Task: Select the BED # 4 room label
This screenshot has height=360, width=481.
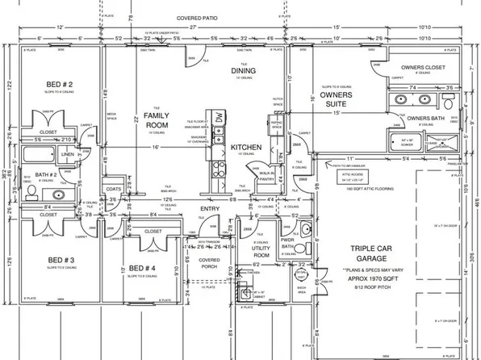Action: click(142, 267)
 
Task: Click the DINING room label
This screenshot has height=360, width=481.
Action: click(243, 71)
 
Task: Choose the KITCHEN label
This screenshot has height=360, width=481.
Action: click(245, 149)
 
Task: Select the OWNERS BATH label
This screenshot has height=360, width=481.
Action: click(425, 119)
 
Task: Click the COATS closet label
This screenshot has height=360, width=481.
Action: click(112, 190)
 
